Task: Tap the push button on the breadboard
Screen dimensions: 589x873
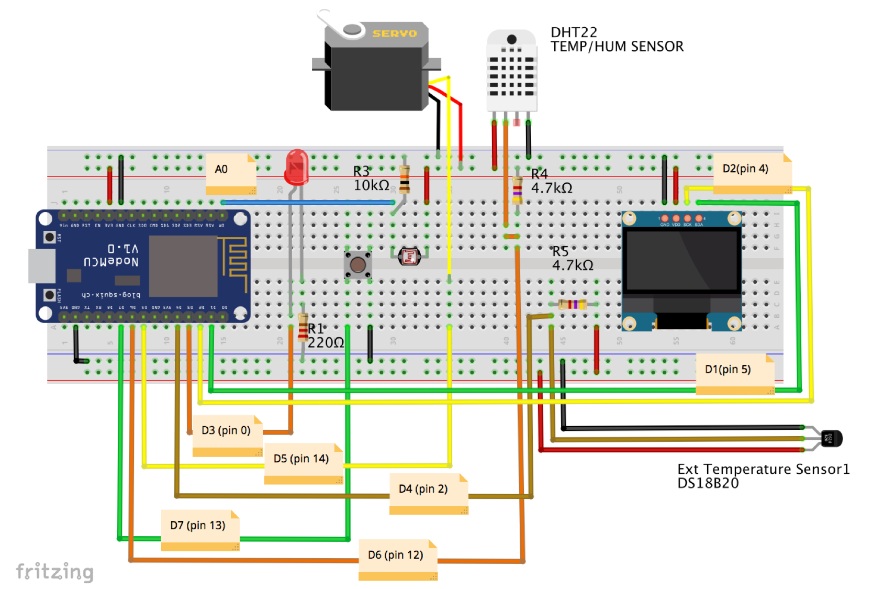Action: point(358,264)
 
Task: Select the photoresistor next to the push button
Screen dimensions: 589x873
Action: point(409,257)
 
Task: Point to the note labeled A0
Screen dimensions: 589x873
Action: point(231,173)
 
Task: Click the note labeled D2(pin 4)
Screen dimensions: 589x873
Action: point(752,173)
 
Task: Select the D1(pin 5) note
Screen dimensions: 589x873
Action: point(734,373)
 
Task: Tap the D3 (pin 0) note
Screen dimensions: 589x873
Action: point(227,435)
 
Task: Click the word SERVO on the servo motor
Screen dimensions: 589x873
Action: point(395,34)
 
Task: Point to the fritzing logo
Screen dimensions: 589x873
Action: point(54,571)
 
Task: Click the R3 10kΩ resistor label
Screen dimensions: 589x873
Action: point(371,179)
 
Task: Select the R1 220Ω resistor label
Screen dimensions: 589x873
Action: point(325,336)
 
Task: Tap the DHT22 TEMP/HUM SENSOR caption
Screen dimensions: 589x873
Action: point(617,40)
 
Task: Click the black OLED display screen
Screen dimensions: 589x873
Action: point(681,260)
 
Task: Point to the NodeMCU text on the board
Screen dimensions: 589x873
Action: point(111,261)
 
